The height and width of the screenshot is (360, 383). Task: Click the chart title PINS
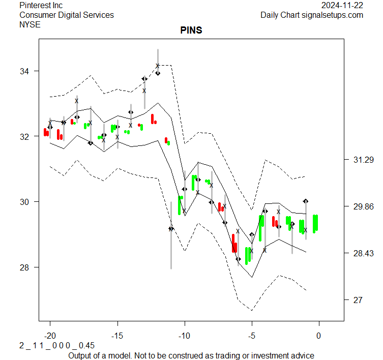191,31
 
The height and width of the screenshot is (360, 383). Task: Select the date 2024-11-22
342,6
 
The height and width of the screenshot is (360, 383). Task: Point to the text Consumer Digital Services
67,15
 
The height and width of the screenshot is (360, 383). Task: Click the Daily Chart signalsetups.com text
312,15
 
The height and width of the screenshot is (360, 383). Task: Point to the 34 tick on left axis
25,71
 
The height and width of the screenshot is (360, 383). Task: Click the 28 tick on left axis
25,267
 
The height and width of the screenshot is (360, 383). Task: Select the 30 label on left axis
25,202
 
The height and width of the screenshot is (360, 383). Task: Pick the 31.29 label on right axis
363,160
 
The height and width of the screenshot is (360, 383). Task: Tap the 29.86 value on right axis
363,207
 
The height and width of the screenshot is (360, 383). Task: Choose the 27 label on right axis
359,301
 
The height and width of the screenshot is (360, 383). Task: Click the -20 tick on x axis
50,336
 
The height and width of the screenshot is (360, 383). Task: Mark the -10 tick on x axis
185,336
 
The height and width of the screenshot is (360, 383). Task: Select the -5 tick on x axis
252,336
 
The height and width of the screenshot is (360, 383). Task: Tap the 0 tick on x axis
319,336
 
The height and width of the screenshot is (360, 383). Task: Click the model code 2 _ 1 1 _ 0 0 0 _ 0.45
57,346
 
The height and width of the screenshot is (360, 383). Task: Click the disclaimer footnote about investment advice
191,355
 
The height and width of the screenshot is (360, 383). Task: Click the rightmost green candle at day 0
315,223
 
